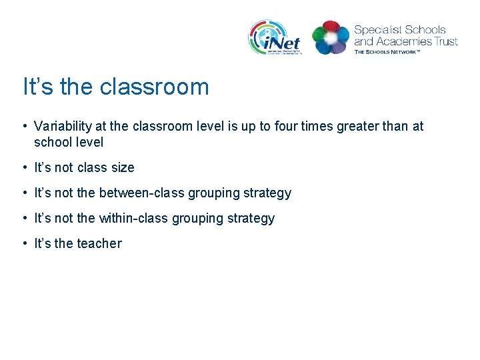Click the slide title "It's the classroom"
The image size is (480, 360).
[x=116, y=87]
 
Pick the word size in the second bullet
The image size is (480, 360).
[x=122, y=167]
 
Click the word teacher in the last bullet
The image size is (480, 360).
[x=99, y=243]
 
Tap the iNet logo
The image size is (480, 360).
[x=275, y=37]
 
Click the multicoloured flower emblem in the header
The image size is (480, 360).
[x=331, y=37]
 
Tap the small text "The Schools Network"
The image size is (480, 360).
[x=387, y=51]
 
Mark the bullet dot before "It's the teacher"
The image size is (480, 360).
[x=24, y=243]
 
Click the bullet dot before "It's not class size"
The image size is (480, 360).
[x=24, y=167]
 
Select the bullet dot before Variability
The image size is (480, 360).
[x=24, y=126]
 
